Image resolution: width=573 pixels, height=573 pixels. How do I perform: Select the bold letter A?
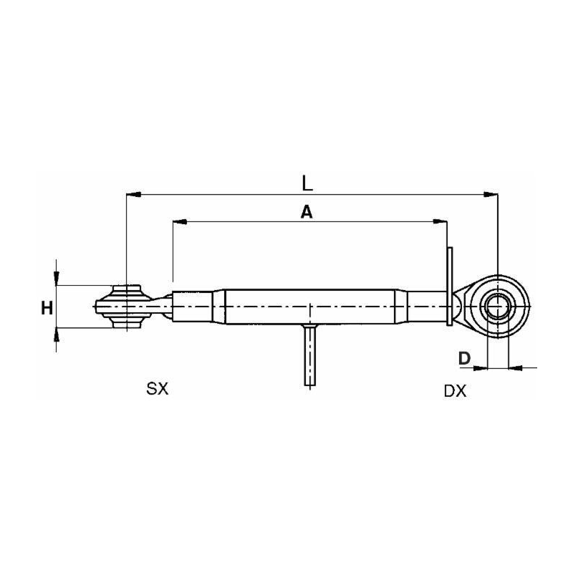[x=306, y=212]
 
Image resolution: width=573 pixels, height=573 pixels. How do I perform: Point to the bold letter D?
[x=463, y=357]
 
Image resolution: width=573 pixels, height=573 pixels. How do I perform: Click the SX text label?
[x=157, y=389]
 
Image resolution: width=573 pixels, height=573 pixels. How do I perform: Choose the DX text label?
[x=455, y=391]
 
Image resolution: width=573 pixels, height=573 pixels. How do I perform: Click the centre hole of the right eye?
[x=497, y=307]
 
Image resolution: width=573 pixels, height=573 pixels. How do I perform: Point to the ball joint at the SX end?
[x=126, y=307]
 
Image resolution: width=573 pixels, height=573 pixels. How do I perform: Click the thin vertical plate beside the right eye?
[x=450, y=286]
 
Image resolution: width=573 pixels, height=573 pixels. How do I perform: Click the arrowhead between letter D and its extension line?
[x=481, y=367]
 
